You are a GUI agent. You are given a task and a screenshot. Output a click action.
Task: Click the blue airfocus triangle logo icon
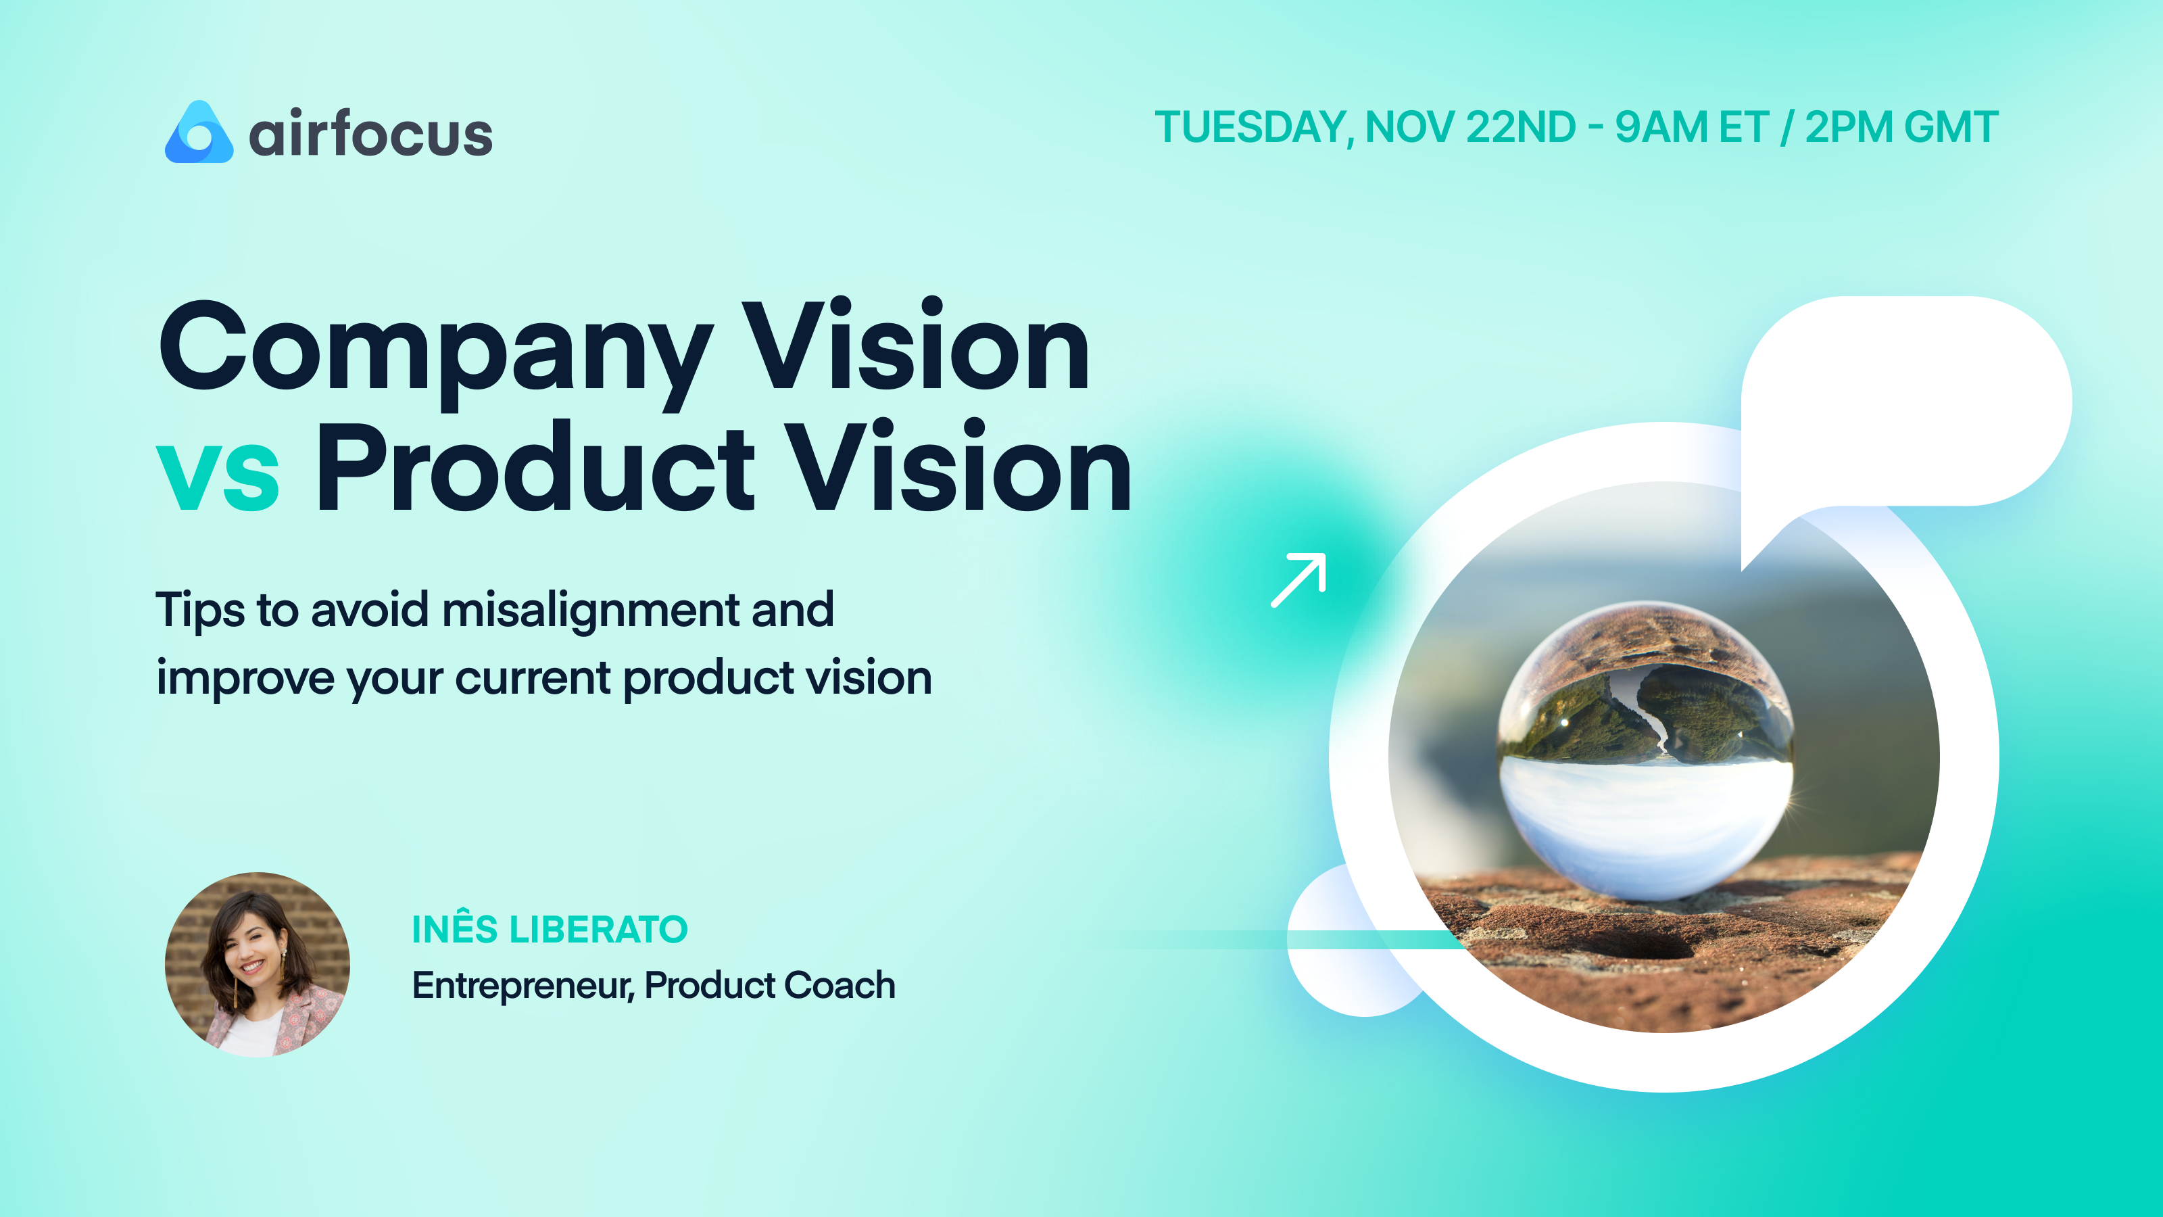click(199, 134)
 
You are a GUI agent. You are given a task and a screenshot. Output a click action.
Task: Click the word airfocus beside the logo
click(370, 135)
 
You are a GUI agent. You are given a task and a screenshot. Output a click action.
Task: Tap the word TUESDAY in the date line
click(1251, 128)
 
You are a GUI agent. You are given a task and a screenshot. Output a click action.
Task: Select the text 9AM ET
click(1691, 128)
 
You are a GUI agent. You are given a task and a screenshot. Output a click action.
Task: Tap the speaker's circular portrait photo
click(257, 964)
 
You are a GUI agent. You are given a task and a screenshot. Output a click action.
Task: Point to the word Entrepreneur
click(521, 985)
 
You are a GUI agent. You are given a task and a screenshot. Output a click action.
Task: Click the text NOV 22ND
click(1470, 128)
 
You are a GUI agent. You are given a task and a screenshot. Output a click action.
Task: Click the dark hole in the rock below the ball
click(1646, 947)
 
